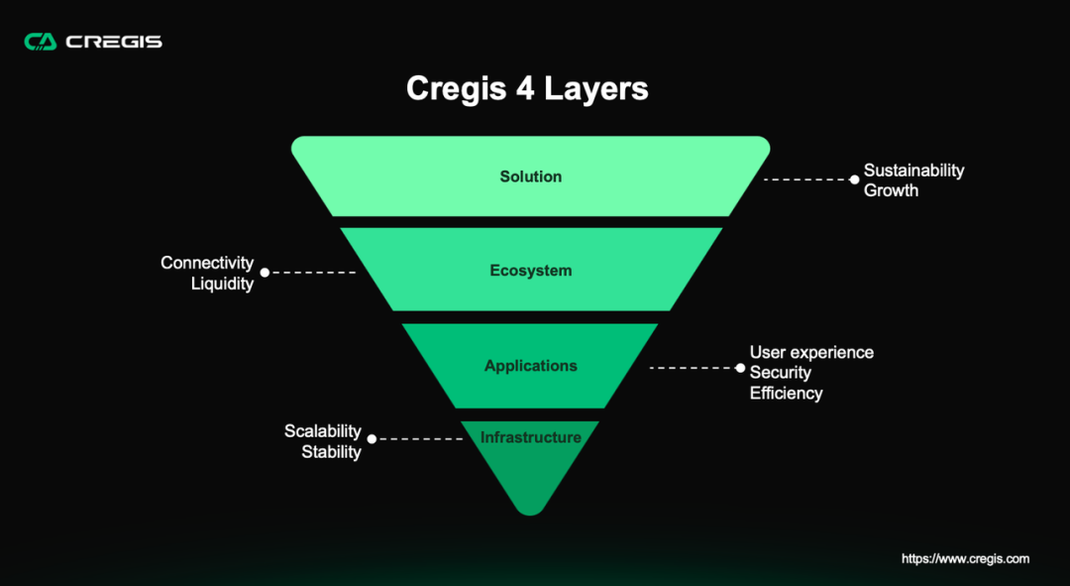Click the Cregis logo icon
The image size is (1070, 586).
(41, 42)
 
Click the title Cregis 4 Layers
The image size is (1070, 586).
(527, 88)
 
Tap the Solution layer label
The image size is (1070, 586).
(531, 176)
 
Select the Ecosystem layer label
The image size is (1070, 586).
(531, 271)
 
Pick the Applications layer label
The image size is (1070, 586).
(531, 366)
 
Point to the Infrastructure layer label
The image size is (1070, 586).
(531, 437)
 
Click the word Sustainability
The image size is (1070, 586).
(913, 171)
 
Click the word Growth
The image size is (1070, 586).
(892, 190)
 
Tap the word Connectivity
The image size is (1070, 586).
(207, 263)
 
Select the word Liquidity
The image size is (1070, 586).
(222, 284)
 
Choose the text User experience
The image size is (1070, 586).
(811, 352)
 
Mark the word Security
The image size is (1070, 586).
(781, 373)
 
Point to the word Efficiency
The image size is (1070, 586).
(786, 393)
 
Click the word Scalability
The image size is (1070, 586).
(323, 431)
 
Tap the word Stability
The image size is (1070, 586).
(331, 452)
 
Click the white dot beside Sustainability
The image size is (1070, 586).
(854, 179)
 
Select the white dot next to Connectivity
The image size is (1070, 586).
(265, 272)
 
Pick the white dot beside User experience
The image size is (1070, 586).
(739, 368)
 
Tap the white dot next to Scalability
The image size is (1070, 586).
(372, 438)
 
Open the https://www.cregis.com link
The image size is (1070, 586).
(965, 559)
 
